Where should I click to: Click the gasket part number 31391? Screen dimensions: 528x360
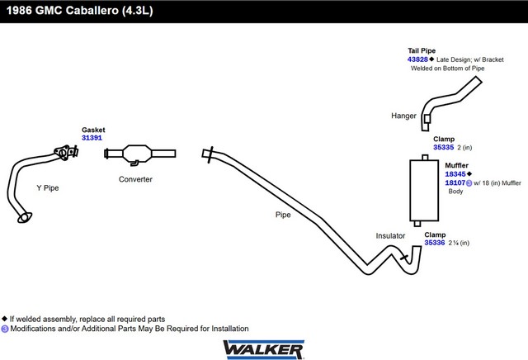[x=92, y=138]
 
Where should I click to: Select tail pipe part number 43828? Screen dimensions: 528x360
[x=417, y=59]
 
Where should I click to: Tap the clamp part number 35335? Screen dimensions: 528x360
[x=444, y=147]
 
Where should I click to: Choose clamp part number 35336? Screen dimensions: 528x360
[x=435, y=243]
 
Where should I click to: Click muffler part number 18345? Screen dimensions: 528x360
[x=455, y=174]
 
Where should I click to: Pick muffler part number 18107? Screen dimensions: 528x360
[x=455, y=182]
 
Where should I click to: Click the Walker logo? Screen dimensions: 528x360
[x=264, y=349]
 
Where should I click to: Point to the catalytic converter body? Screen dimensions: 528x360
[x=137, y=154]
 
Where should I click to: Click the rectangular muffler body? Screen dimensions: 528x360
[x=424, y=190]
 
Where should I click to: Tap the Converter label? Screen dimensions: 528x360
[x=135, y=179]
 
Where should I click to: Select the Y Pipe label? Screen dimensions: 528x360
[x=48, y=187]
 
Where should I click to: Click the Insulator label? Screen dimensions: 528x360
[x=390, y=235]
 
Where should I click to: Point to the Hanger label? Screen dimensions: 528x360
[x=403, y=116]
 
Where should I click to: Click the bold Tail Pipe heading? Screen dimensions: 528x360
[x=422, y=50]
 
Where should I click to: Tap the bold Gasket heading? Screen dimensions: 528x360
[x=93, y=130]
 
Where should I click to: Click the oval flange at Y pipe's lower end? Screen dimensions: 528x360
[x=25, y=217]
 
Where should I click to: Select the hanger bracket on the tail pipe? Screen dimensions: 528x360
[x=427, y=119]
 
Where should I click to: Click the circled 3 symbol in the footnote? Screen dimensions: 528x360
[x=5, y=329]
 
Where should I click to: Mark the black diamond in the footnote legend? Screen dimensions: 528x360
[x=4, y=319]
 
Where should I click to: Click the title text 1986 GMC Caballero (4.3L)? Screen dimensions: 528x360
[x=80, y=11]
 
